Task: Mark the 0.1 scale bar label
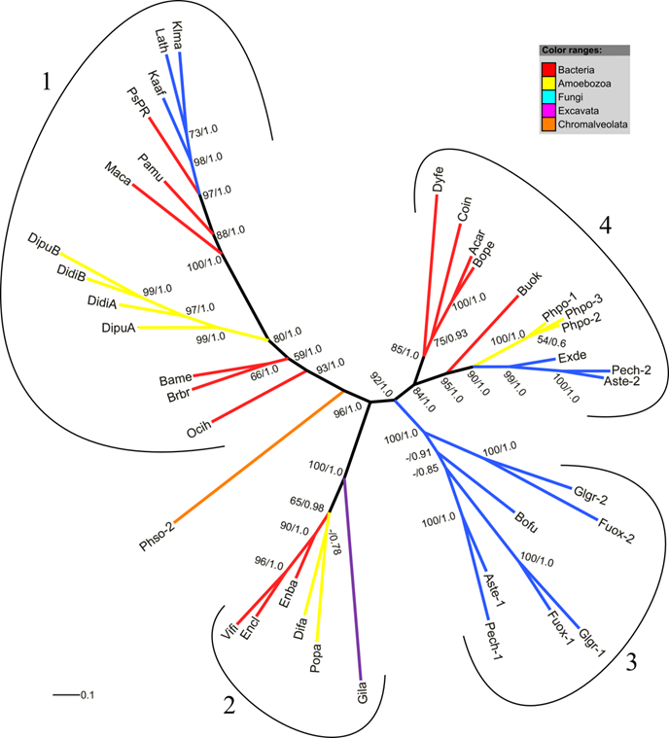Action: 86,695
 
